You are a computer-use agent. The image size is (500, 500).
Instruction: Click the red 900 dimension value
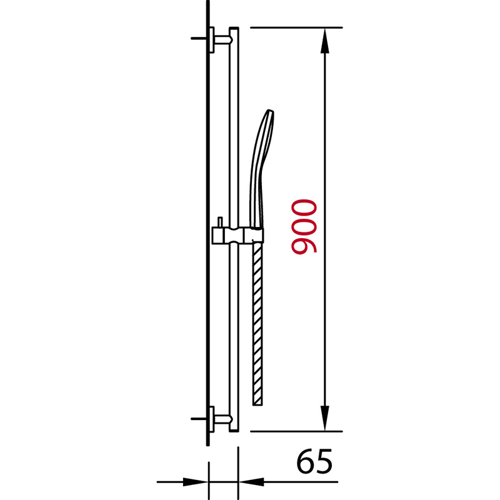point(304,226)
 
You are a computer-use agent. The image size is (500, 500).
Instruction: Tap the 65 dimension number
point(314,461)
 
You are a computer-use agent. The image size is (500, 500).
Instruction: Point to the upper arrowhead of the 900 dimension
point(324,41)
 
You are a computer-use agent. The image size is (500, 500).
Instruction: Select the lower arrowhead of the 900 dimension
point(324,418)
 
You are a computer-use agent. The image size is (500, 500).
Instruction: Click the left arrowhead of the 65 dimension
point(196,482)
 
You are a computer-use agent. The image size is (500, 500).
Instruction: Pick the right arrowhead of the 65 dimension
point(251,482)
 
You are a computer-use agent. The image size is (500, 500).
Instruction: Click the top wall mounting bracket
point(221,39)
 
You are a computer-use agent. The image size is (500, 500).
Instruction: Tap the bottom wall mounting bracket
point(221,419)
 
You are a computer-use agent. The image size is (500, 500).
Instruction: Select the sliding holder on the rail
point(237,236)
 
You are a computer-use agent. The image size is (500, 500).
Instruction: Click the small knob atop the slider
point(220,222)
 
